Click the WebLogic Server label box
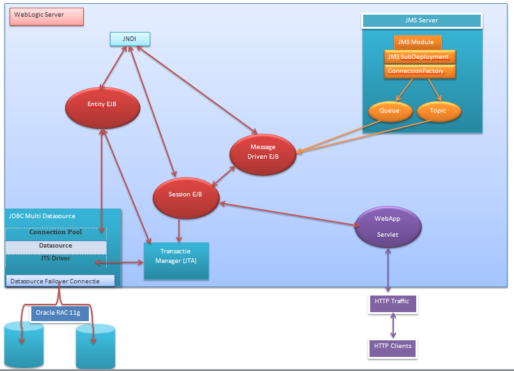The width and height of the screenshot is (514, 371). [46, 15]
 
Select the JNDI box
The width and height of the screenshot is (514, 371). [130, 39]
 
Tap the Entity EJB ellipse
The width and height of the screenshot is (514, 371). [102, 104]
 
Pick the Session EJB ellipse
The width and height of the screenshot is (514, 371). [185, 194]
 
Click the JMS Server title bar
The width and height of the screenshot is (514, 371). [421, 20]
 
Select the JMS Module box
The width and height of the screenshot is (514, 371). [416, 43]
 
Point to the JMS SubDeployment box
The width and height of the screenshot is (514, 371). [419, 57]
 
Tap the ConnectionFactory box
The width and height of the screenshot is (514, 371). [419, 71]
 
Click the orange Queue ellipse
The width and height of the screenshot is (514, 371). [389, 111]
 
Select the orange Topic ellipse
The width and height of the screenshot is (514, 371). [439, 111]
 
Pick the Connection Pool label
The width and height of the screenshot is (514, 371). [56, 232]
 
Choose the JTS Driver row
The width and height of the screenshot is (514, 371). [56, 258]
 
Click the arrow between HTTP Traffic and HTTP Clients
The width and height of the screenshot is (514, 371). [393, 325]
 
